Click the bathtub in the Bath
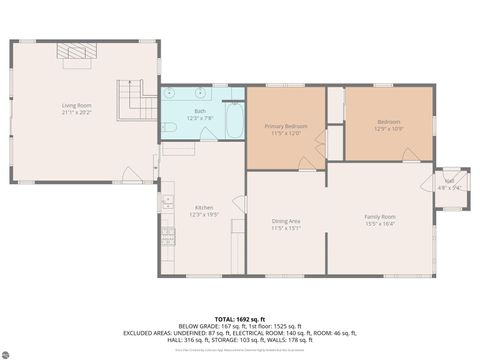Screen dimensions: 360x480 tap(233, 121)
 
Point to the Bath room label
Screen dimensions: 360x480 tap(200, 111)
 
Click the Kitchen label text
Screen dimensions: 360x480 tap(203, 208)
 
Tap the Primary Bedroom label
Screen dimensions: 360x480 tap(285, 126)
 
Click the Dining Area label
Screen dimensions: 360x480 tap(286, 220)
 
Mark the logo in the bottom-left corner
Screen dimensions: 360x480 tap(9, 352)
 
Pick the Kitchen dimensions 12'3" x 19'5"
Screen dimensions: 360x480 tap(203, 216)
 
